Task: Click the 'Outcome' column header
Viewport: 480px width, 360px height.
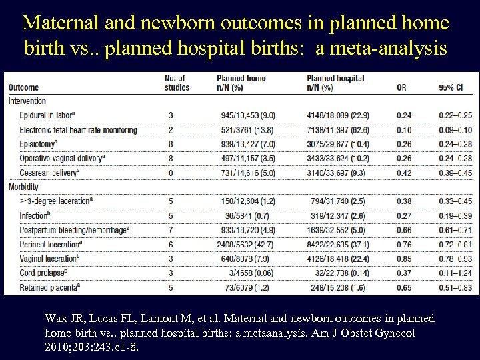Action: [x=24, y=87]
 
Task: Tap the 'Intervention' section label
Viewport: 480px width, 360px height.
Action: [x=28, y=101]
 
